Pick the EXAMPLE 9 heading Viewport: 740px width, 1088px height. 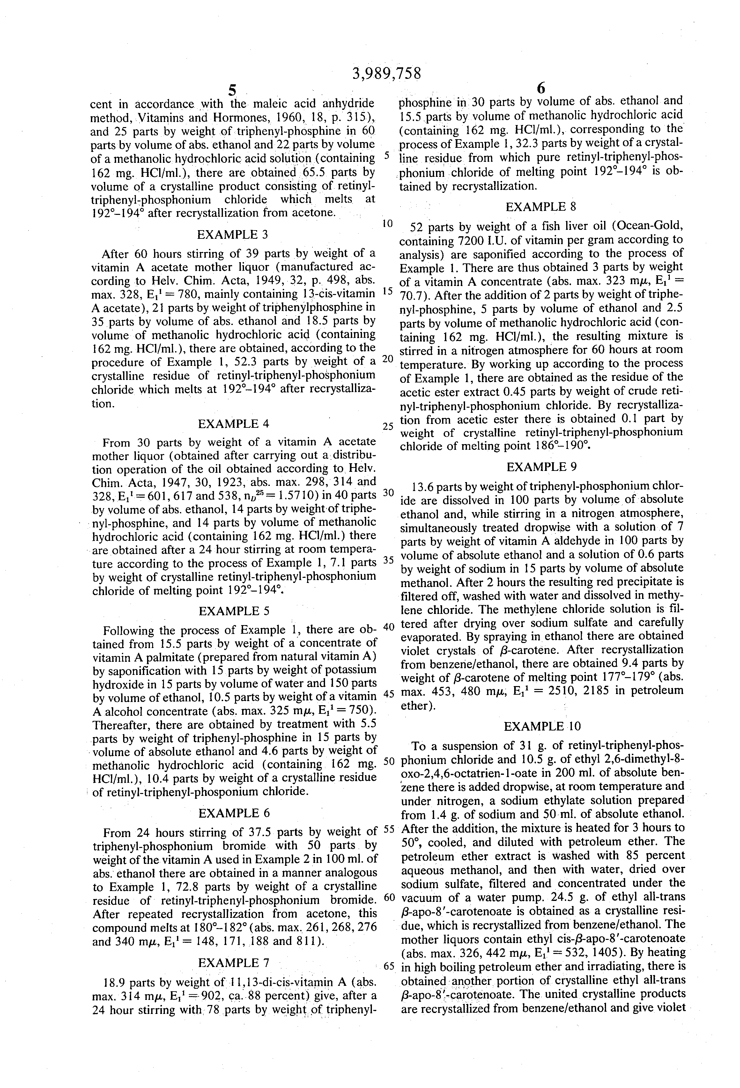(x=542, y=467)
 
